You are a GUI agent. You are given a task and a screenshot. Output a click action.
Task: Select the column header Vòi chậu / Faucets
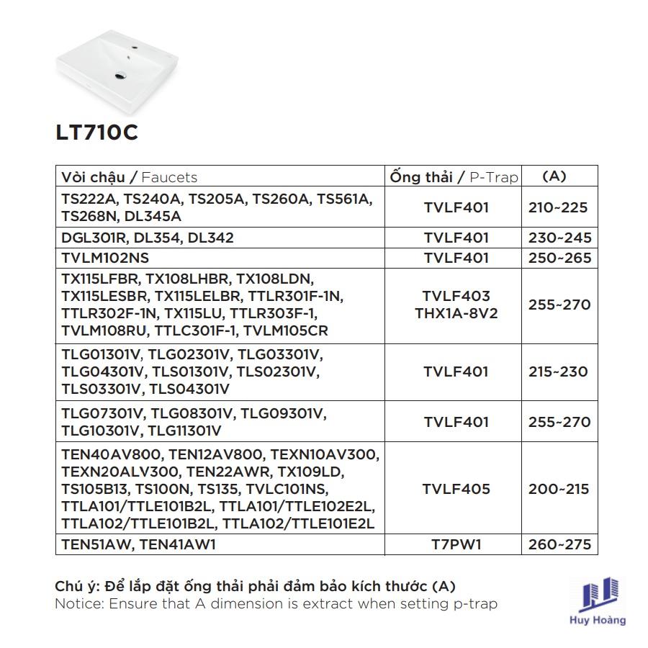[130, 177]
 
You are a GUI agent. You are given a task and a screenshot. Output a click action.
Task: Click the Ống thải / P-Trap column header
[454, 177]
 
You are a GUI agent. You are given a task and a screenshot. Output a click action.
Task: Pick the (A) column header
[554, 176]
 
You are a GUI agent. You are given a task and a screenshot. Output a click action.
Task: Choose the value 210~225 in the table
[558, 207]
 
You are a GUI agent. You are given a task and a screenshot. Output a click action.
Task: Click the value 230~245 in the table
[559, 238]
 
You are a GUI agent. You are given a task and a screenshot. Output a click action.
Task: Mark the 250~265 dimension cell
[559, 258]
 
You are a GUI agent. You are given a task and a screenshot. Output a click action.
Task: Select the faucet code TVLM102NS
[105, 258]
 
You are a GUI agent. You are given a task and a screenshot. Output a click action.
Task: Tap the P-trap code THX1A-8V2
[456, 314]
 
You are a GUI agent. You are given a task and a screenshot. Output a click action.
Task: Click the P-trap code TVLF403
[456, 296]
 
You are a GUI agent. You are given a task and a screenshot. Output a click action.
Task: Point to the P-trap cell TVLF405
[456, 489]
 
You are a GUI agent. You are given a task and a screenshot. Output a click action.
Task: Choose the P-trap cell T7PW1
[456, 544]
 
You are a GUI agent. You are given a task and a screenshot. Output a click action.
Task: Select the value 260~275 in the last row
[559, 544]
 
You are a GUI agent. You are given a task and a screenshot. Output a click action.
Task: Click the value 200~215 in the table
[558, 489]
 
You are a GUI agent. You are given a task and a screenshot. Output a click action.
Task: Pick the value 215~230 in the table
[558, 372]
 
